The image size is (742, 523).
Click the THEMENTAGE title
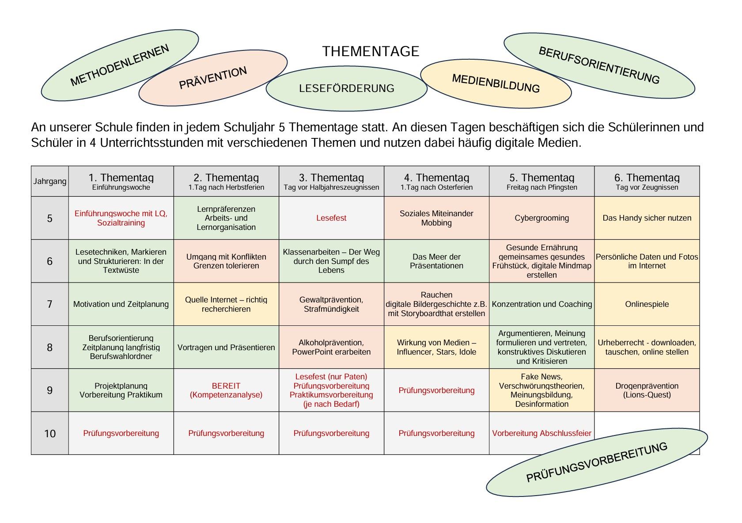tap(371, 51)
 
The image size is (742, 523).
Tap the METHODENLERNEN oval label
tap(120, 65)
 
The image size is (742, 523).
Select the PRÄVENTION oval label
tap(213, 78)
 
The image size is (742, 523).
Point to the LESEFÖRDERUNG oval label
tap(346, 88)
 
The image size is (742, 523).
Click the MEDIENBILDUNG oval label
tap(496, 84)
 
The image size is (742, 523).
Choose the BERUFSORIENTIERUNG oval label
tap(599, 65)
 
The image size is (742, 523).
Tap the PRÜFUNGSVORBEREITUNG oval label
tap(597, 462)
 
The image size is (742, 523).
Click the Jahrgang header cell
tap(49, 181)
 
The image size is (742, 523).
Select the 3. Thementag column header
tap(331, 181)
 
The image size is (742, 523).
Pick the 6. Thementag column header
tap(647, 181)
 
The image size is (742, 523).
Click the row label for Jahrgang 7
tap(49, 304)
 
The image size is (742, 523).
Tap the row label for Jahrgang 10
tap(49, 433)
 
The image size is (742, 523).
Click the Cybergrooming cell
tap(541, 218)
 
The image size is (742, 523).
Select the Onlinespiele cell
tap(647, 304)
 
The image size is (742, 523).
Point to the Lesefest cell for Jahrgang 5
tap(331, 218)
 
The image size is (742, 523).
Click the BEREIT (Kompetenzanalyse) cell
tap(226, 390)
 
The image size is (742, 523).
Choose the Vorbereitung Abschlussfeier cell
tap(541, 433)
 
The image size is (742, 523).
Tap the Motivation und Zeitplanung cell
tap(121, 304)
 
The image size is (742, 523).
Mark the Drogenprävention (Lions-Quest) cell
tap(647, 390)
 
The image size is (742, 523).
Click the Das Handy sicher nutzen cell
tap(647, 218)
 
